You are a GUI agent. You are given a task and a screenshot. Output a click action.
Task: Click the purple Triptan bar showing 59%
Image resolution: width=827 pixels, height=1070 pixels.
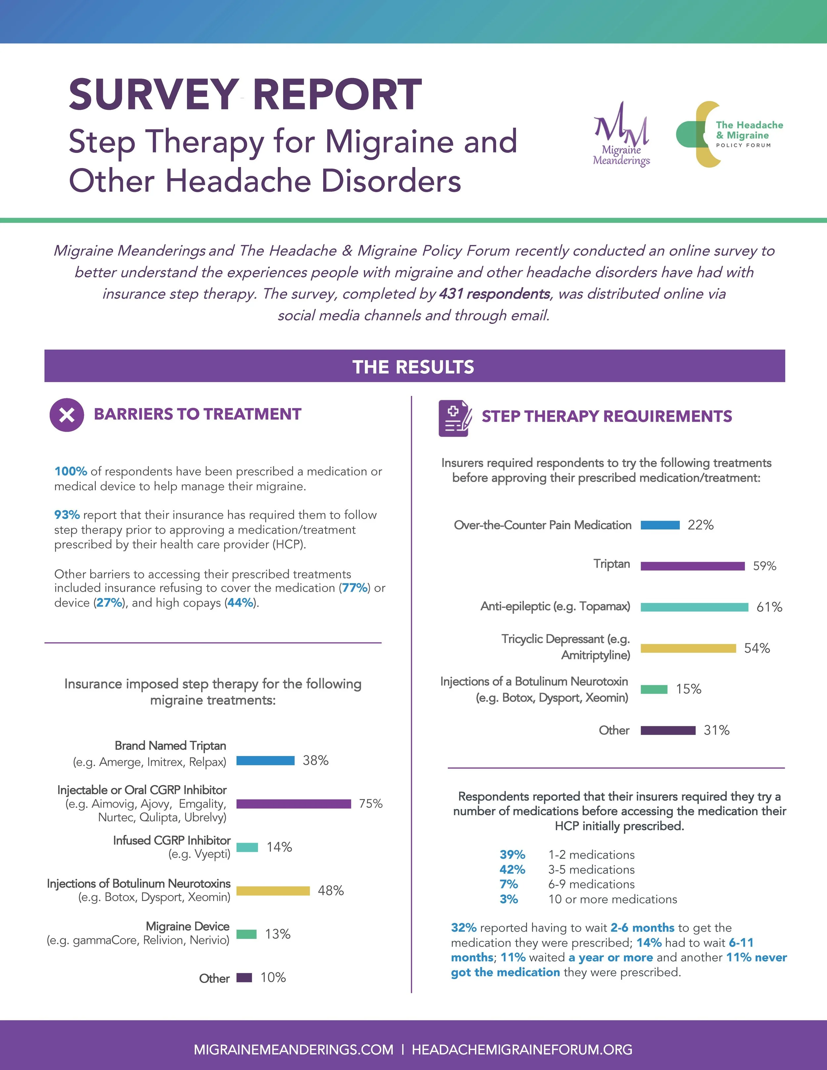692,566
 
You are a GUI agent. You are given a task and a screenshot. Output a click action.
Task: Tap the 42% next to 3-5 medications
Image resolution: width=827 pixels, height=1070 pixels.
512,870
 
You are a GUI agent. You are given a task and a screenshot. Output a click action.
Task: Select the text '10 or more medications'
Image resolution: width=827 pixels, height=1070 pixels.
612,899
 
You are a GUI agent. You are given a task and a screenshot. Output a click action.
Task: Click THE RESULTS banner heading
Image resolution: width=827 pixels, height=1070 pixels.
413,367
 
